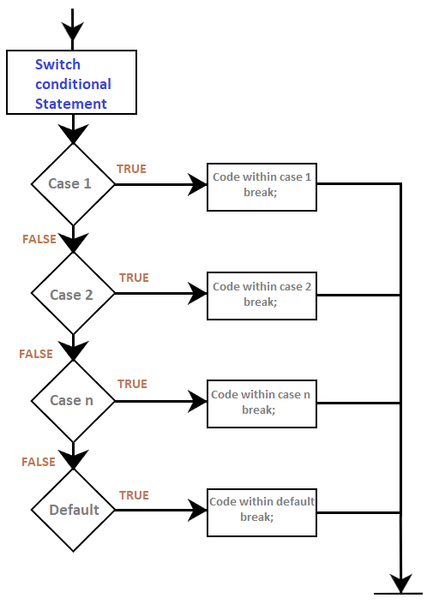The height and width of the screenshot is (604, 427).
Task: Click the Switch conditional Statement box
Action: [x=72, y=82]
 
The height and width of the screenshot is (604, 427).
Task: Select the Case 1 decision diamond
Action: [x=73, y=184]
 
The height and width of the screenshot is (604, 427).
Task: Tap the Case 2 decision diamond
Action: [x=73, y=293]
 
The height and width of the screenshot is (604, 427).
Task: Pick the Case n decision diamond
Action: [x=73, y=401]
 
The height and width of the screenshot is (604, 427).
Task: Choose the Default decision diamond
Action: [x=73, y=511]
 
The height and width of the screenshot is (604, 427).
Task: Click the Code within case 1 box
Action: [x=262, y=188]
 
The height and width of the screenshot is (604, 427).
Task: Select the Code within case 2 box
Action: [x=262, y=296]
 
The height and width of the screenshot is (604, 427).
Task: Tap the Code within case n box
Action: [x=262, y=404]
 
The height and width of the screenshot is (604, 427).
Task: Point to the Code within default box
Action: [x=262, y=512]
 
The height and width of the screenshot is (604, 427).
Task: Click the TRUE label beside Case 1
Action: [x=131, y=169]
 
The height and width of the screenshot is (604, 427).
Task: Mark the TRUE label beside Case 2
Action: [x=134, y=278]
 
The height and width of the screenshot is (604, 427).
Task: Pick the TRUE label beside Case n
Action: [x=132, y=384]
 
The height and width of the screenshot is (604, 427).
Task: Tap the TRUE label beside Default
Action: [x=134, y=495]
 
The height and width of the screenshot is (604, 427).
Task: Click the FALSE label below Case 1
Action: [x=39, y=239]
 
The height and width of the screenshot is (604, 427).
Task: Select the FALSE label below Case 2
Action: [x=36, y=354]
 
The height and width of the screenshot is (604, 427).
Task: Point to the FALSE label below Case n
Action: [x=38, y=462]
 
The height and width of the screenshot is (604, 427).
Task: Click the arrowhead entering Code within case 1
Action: [x=198, y=184]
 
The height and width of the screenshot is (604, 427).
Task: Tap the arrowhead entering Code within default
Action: [x=198, y=511]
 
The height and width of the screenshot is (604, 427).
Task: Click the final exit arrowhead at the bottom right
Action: [x=400, y=583]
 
